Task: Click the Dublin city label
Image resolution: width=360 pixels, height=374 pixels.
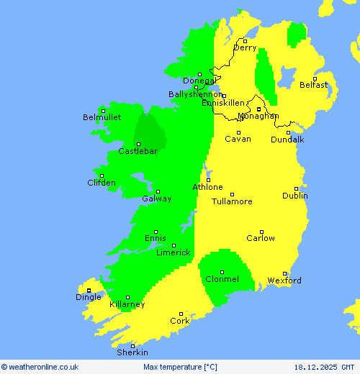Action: [295, 196]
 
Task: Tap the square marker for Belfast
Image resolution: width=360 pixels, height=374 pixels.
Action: [315, 78]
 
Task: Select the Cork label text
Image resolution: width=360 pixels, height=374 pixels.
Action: [180, 321]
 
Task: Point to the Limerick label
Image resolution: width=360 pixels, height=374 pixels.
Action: [173, 252]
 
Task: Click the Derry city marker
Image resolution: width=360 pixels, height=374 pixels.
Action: [245, 41]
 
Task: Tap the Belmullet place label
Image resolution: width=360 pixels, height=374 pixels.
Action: [102, 117]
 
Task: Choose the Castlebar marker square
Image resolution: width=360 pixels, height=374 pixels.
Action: [138, 145]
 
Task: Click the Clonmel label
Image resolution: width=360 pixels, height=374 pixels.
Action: [222, 279]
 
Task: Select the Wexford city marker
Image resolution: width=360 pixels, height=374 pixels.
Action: [285, 273]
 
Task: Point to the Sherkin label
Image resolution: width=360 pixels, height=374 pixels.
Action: [133, 352]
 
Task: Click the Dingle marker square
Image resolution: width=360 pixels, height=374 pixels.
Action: [89, 291]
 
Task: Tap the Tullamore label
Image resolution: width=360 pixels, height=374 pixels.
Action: [232, 201]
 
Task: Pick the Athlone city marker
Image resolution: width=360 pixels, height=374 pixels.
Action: [209, 181]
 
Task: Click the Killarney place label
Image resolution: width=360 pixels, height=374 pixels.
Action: [127, 304]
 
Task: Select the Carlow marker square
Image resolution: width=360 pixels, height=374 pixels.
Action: [262, 232]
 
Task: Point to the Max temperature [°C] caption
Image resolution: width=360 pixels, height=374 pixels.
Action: [180, 367]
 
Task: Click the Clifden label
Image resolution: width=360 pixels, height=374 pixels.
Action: [102, 183]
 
